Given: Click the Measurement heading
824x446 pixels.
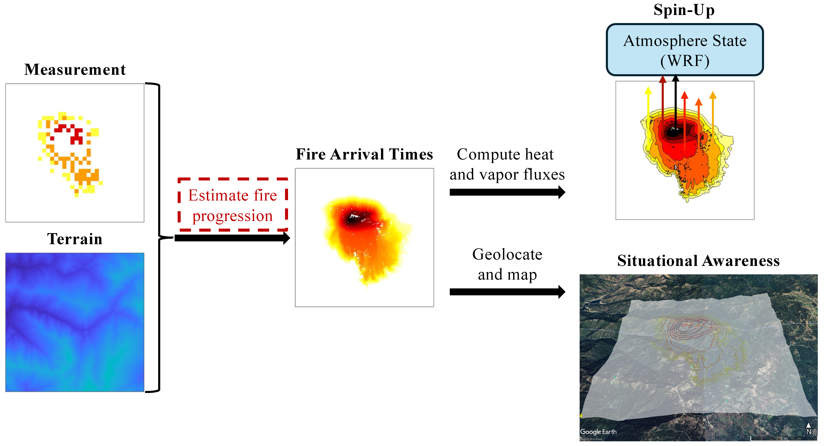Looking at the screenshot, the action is click(75, 69).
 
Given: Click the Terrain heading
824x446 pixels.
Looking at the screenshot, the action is click(75, 239).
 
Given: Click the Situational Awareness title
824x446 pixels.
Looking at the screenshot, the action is click(698, 260).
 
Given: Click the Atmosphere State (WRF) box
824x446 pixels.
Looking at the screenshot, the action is click(685, 50).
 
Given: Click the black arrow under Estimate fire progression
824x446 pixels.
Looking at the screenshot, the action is click(232, 238).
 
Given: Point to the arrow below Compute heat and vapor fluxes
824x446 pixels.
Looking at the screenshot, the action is click(507, 192).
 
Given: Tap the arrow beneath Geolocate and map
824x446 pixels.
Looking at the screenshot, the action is click(507, 292).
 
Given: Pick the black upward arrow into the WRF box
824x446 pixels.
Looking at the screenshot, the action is click(675, 102).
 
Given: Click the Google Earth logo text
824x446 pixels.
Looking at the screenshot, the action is click(598, 432).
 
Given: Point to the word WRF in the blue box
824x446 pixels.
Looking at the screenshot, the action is click(685, 61).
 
